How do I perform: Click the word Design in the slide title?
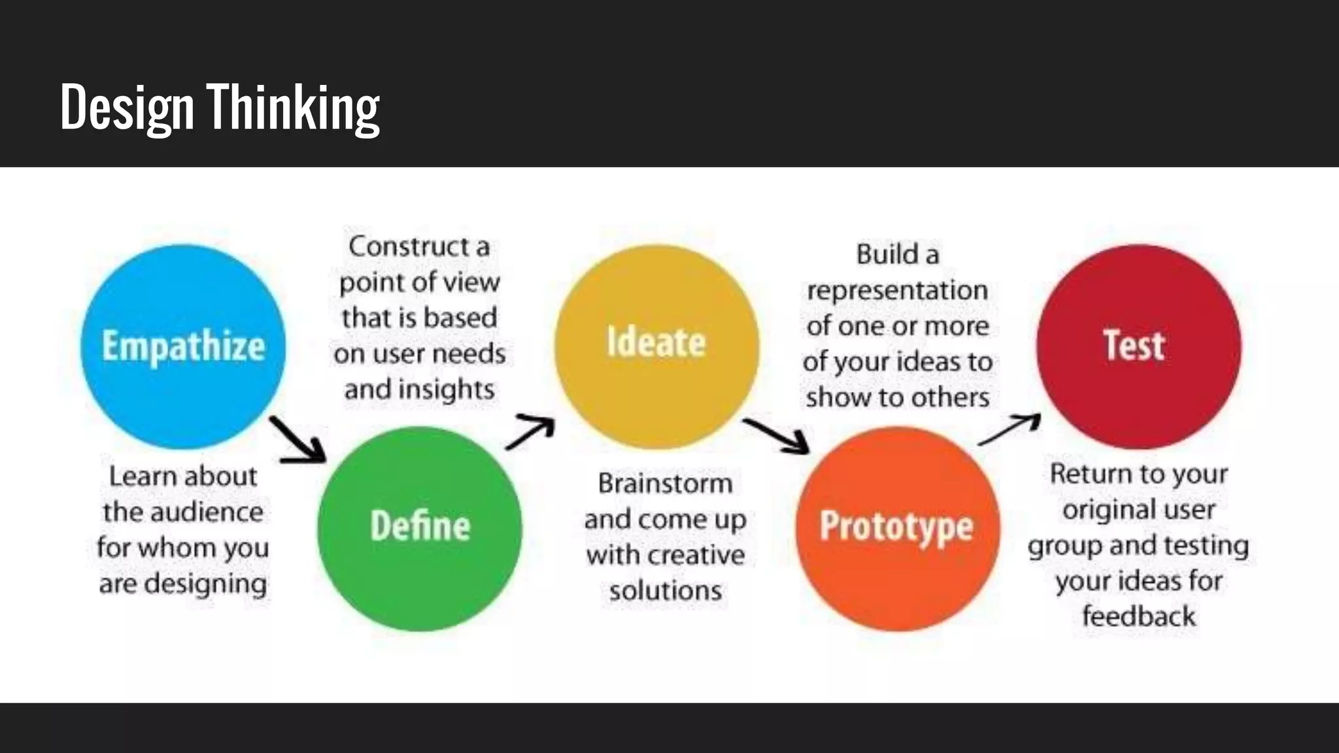(x=127, y=108)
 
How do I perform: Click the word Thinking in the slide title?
(x=293, y=108)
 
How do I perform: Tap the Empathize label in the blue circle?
(x=183, y=346)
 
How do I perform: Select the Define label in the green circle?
(x=420, y=526)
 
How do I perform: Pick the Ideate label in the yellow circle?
(x=656, y=343)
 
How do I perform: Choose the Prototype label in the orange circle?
(x=896, y=527)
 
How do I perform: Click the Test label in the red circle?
(x=1134, y=345)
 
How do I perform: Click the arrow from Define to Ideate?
(x=530, y=431)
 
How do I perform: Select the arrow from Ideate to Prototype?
(x=776, y=435)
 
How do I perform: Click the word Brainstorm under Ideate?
(x=665, y=484)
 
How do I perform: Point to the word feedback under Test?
(x=1138, y=616)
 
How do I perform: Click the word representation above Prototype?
(x=897, y=290)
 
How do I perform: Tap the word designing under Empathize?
(x=205, y=584)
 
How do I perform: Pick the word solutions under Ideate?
(x=666, y=591)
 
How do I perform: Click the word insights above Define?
(x=447, y=390)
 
